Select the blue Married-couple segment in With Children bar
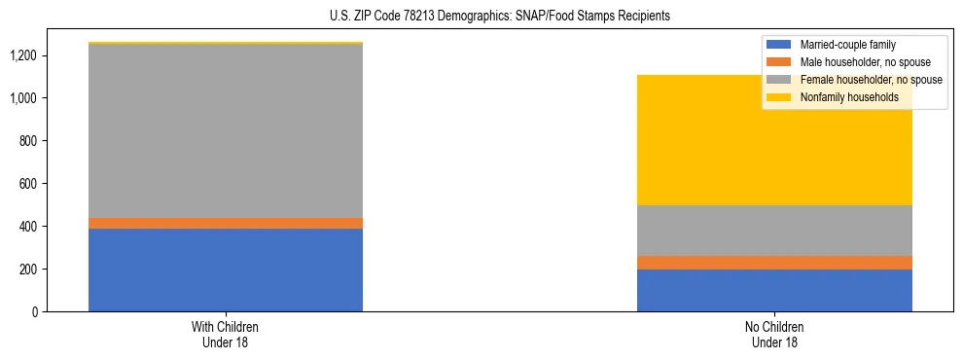click(226, 270)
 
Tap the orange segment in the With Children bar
click(226, 223)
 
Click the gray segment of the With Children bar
click(226, 130)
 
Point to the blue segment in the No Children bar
click(774, 290)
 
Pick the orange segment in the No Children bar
click(774, 263)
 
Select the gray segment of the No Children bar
click(774, 231)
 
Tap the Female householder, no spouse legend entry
click(854, 80)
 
